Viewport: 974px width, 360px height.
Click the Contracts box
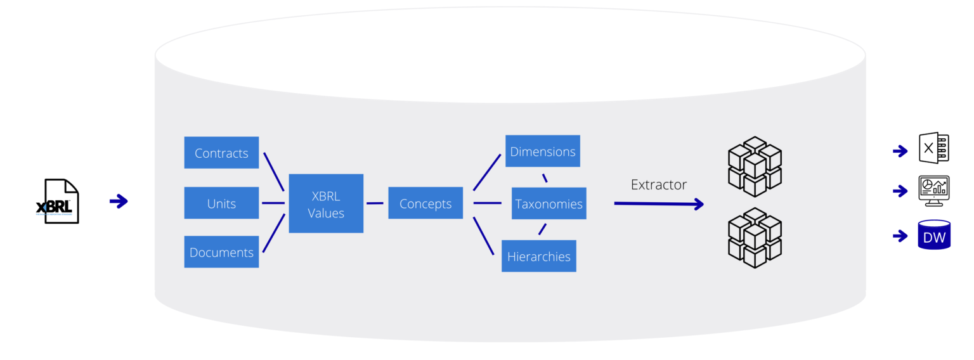click(221, 153)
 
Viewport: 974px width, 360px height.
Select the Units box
click(221, 203)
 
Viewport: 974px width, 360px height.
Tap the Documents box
click(221, 252)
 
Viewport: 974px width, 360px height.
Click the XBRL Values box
click(326, 203)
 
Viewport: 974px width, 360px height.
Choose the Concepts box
click(425, 203)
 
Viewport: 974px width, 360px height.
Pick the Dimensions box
click(542, 151)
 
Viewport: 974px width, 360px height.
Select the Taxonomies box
click(549, 203)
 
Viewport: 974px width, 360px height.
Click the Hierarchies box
click(538, 256)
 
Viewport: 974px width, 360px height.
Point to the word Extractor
click(658, 184)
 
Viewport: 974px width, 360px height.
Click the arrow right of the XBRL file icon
click(119, 202)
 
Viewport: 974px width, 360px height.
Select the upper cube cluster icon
click(755, 166)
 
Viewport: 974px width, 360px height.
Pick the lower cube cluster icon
click(755, 238)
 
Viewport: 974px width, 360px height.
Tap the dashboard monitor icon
click(933, 191)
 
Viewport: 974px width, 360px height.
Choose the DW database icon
click(934, 235)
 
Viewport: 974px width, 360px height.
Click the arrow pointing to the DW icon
click(900, 236)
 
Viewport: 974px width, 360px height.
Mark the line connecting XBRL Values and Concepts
click(375, 203)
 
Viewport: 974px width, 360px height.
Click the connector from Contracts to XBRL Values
click(273, 171)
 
